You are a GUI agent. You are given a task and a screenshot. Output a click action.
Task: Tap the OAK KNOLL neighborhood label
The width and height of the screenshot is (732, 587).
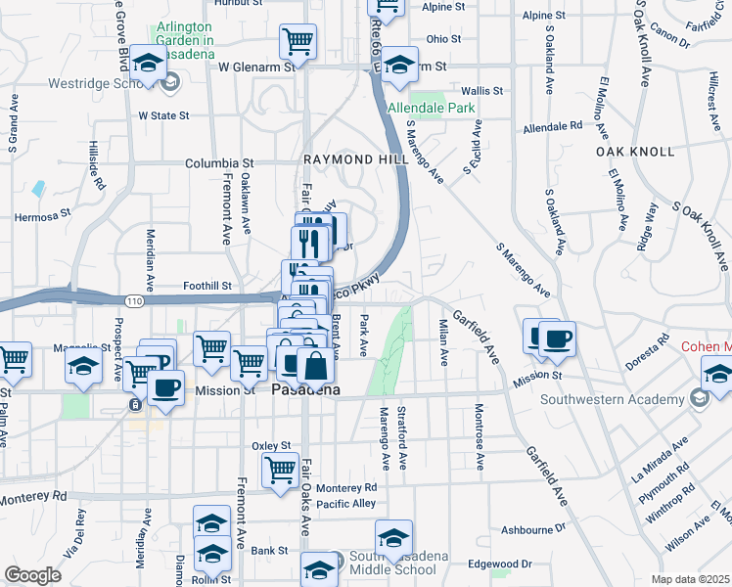(x=635, y=152)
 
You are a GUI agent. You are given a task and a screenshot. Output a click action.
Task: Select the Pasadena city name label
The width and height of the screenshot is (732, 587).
(x=304, y=390)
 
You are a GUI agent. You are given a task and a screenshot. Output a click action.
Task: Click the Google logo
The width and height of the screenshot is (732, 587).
(x=33, y=574)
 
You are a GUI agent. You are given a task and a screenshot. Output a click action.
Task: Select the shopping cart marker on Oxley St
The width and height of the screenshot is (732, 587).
(x=280, y=470)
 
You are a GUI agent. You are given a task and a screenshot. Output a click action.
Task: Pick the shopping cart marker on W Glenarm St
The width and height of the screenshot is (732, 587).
(x=298, y=41)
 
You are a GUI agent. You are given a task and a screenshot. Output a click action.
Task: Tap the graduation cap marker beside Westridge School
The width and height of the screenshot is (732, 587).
(x=148, y=66)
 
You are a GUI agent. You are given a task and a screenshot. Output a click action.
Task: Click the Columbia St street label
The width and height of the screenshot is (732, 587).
(x=220, y=163)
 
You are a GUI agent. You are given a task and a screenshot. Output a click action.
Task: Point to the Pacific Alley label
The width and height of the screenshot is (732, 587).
(x=339, y=504)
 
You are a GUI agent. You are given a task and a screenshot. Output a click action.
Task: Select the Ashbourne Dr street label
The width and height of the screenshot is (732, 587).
(x=533, y=529)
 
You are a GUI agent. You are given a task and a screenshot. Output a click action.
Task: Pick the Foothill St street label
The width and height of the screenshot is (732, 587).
(x=207, y=287)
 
